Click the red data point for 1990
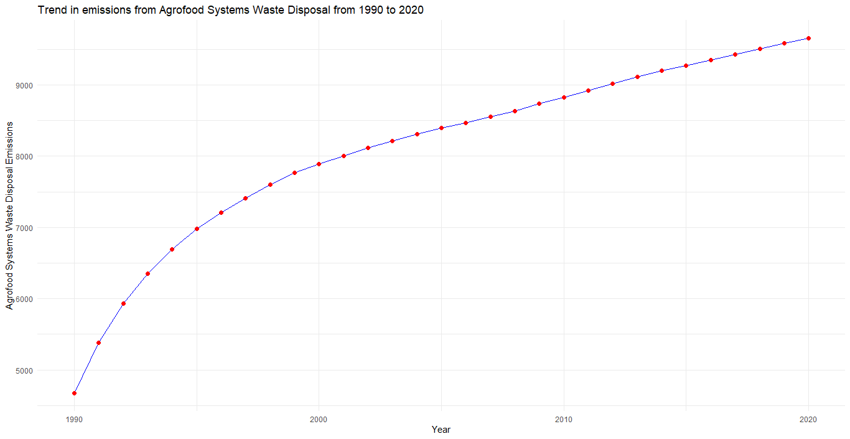coord(74,393)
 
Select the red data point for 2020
coord(808,38)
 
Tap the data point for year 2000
coord(319,164)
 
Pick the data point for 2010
coord(564,97)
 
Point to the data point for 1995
coord(197,229)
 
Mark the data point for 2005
coord(441,128)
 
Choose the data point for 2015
coord(686,65)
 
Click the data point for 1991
coord(98,342)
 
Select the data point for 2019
coord(784,43)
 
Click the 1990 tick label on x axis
coord(74,418)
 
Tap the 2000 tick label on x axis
coord(319,418)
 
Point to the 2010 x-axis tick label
coord(564,418)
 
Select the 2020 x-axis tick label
coord(808,418)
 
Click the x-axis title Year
coord(441,430)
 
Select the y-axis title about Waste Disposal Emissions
coord(9,215)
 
